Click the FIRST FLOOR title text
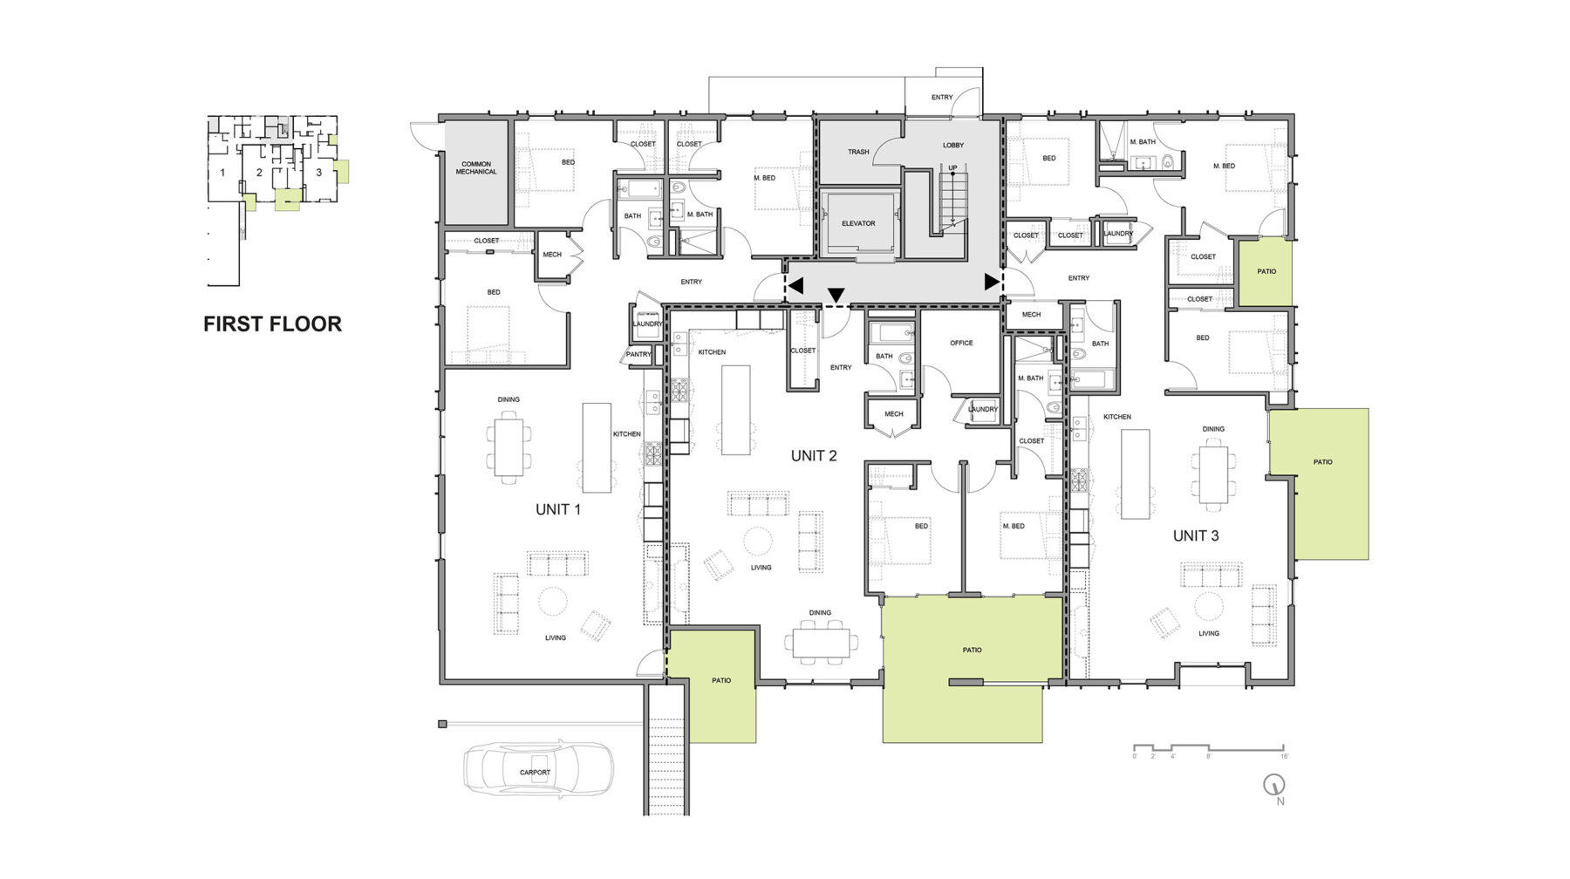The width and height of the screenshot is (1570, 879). [272, 324]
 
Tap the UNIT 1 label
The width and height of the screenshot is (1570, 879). [558, 509]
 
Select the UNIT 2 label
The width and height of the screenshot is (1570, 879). [814, 456]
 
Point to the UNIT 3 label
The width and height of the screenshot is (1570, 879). [1196, 535]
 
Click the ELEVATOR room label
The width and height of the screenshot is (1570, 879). [858, 223]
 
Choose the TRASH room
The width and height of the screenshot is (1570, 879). [858, 152]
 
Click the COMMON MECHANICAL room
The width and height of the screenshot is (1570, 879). [476, 168]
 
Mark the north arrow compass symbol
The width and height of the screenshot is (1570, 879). [1275, 785]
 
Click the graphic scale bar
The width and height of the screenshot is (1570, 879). [1208, 748]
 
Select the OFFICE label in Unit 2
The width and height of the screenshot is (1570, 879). [961, 343]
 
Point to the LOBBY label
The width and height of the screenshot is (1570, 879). [952, 146]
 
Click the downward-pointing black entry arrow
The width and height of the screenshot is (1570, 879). [836, 296]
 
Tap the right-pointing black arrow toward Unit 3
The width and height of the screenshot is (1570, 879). [992, 282]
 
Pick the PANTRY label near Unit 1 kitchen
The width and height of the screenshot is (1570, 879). [638, 354]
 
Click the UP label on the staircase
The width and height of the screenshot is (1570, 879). [952, 167]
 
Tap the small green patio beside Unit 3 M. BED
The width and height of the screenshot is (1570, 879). [1266, 271]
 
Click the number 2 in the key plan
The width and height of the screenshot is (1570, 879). [259, 173]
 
